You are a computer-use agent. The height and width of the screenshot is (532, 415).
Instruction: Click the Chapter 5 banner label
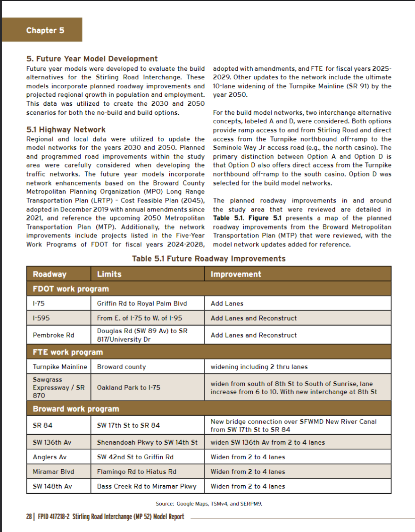point(45,30)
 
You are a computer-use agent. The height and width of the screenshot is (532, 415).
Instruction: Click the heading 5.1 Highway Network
point(66,129)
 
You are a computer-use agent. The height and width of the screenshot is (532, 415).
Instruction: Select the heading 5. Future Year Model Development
point(92,59)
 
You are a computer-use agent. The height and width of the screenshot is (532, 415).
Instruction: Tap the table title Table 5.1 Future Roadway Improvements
point(209,258)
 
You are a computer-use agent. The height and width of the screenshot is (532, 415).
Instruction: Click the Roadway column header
point(50,274)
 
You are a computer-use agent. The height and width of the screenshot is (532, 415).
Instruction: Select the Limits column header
point(109,274)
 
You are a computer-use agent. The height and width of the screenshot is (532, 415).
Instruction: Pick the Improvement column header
point(236,274)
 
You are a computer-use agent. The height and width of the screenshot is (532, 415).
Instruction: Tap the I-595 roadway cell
point(41,318)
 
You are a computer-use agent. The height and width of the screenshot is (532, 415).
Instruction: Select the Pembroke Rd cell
point(53,335)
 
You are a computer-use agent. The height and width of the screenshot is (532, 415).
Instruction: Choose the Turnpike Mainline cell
point(60,367)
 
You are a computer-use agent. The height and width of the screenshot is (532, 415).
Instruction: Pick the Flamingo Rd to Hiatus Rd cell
point(136,472)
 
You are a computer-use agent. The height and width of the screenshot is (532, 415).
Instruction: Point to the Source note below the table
point(209,504)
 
